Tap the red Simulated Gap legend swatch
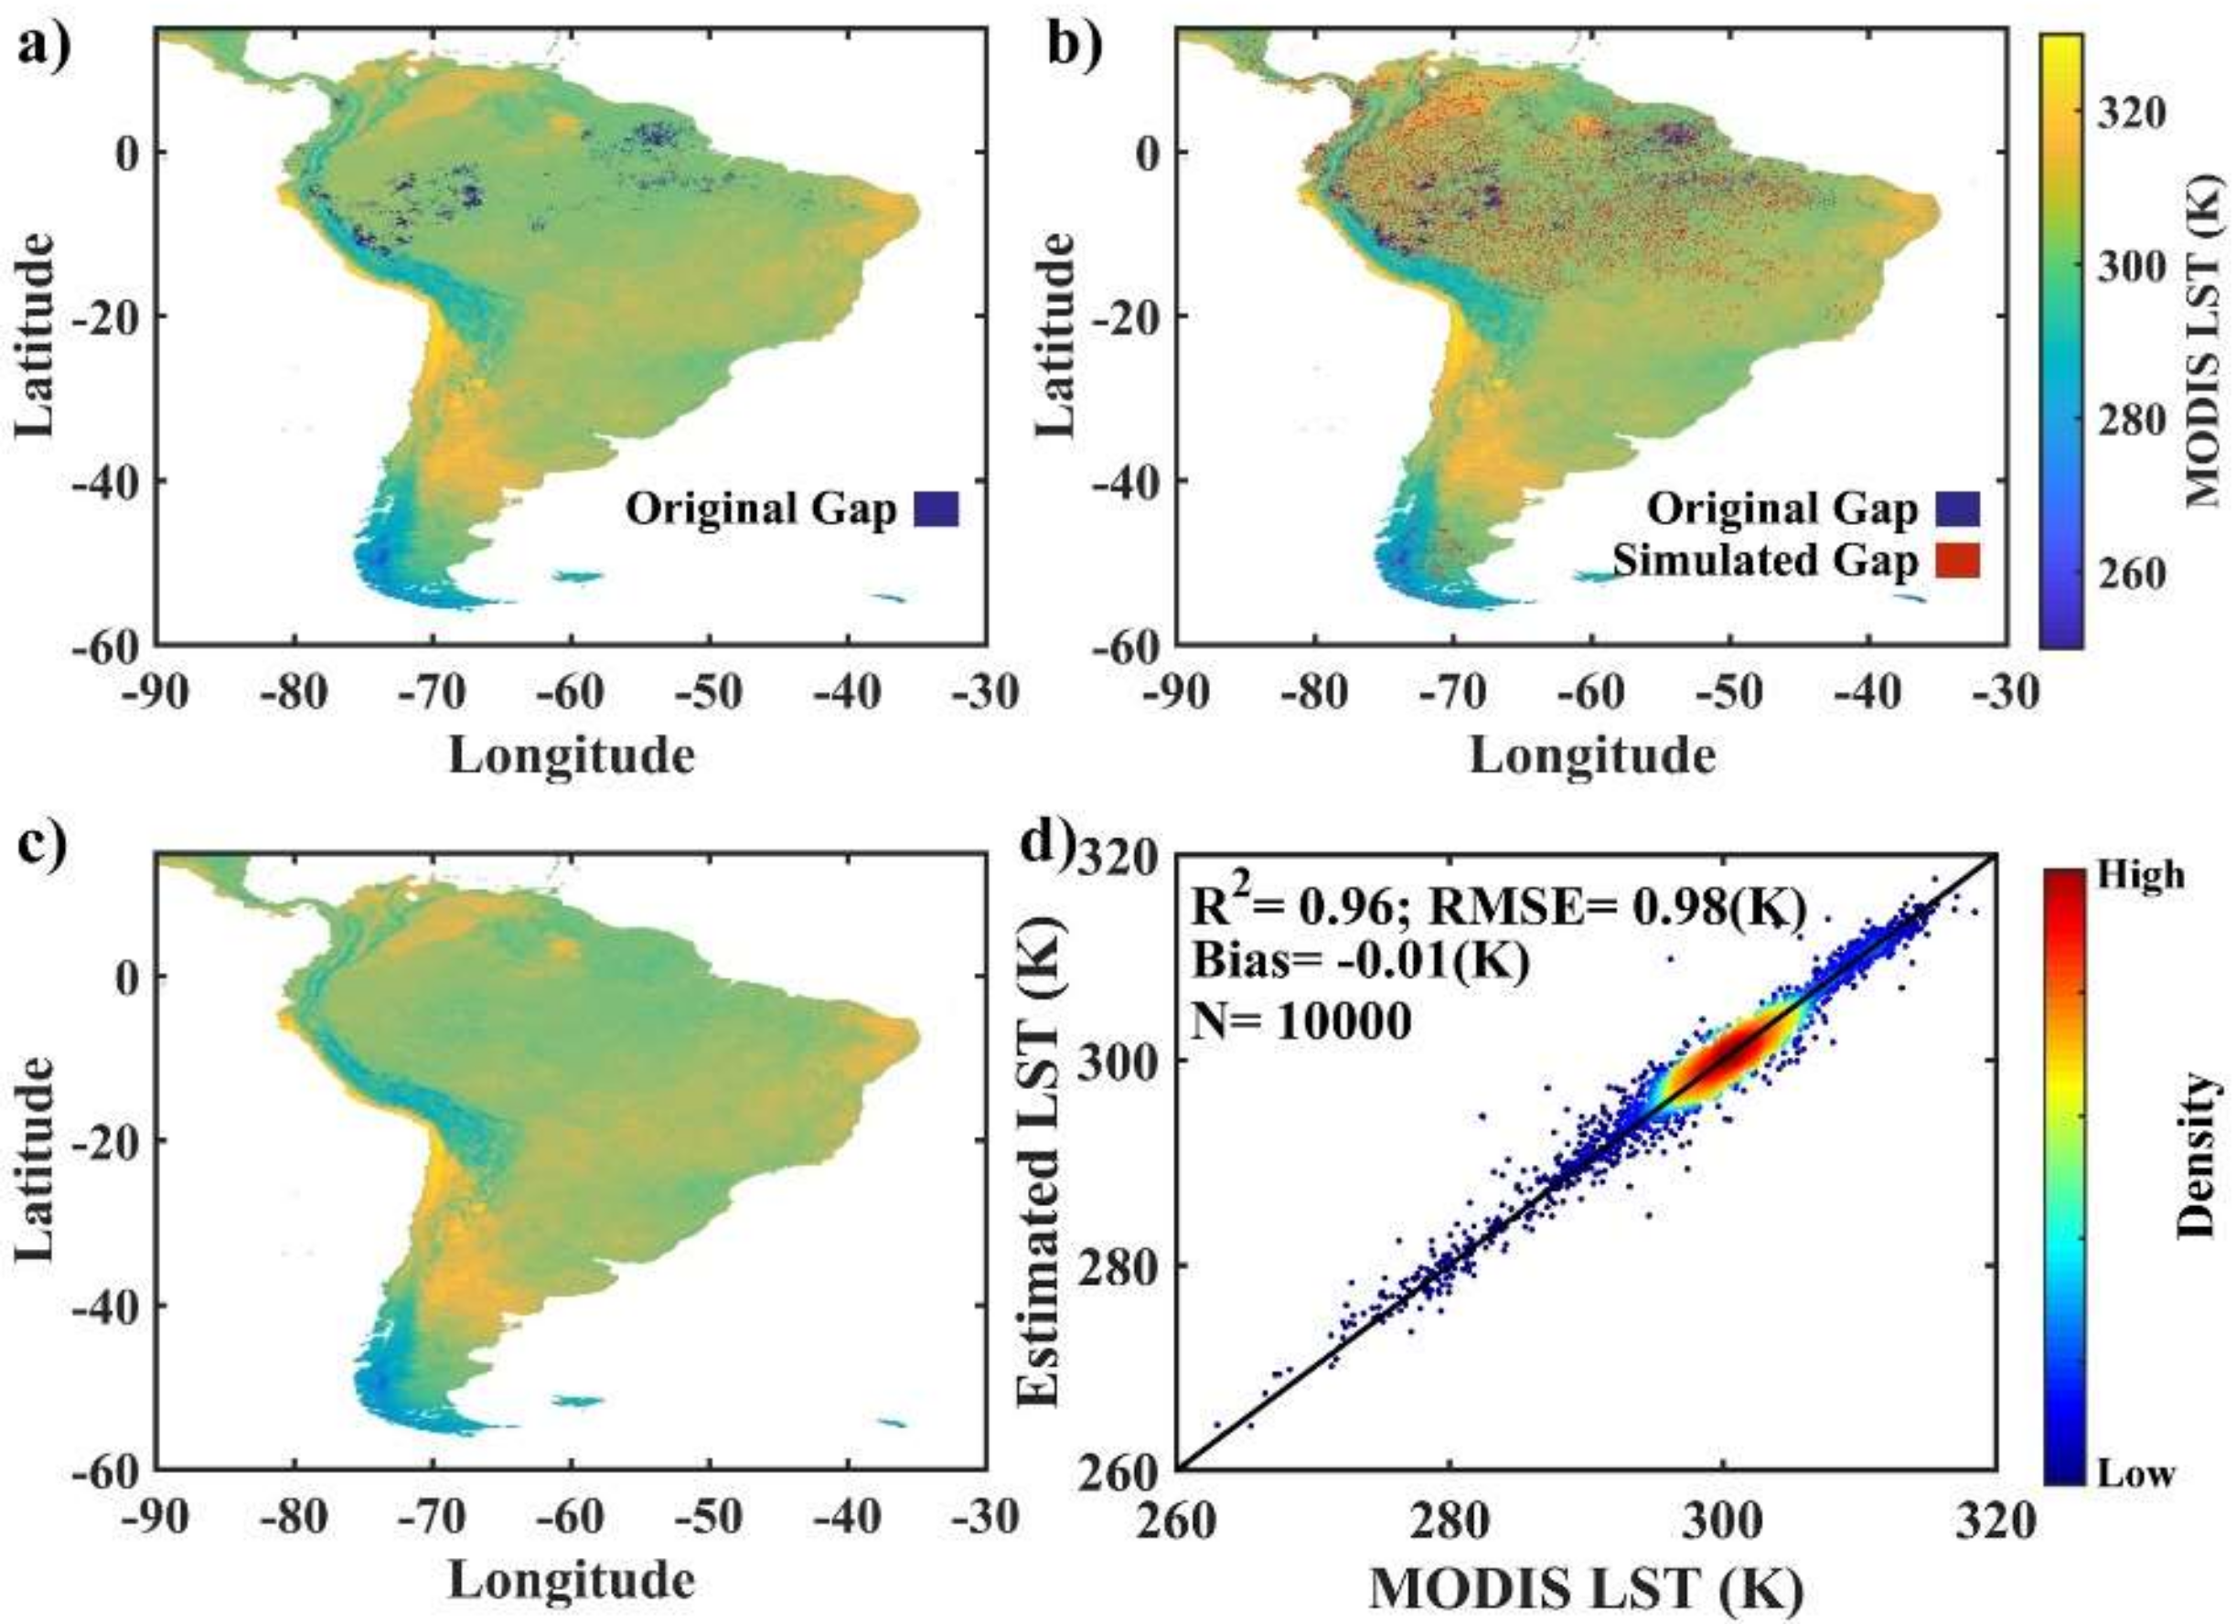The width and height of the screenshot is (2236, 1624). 1958,562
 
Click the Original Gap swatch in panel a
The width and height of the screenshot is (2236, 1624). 936,509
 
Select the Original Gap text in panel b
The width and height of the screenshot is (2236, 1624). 1782,509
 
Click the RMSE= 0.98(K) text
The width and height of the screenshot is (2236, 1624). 1618,907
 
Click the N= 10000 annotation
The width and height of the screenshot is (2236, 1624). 1302,1022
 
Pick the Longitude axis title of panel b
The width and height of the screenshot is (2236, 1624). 1591,756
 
